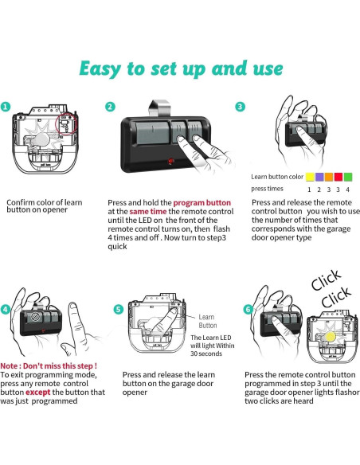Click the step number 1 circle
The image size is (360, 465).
click(x=6, y=107)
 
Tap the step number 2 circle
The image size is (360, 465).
click(x=111, y=107)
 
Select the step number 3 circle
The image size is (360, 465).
click(x=240, y=107)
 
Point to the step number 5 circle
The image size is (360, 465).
click(x=119, y=309)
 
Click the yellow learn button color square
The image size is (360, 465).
click(x=310, y=177)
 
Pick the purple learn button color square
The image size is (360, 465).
click(x=319, y=177)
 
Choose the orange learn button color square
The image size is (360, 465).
click(x=329, y=177)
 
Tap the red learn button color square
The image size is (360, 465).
click(x=338, y=177)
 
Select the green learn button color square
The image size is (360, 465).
click(x=348, y=177)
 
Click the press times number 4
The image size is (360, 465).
click(x=347, y=190)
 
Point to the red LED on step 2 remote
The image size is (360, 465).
click(x=171, y=161)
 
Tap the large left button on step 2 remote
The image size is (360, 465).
click(x=152, y=132)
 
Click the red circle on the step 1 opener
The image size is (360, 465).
click(x=66, y=124)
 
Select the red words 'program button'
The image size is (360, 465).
click(x=202, y=203)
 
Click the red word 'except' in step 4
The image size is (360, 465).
click(x=38, y=393)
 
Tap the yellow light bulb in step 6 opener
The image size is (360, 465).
click(x=330, y=337)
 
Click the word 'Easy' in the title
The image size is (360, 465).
click(x=100, y=68)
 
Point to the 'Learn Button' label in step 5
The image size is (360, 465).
click(x=208, y=321)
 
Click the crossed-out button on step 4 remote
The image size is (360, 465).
click(x=35, y=317)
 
